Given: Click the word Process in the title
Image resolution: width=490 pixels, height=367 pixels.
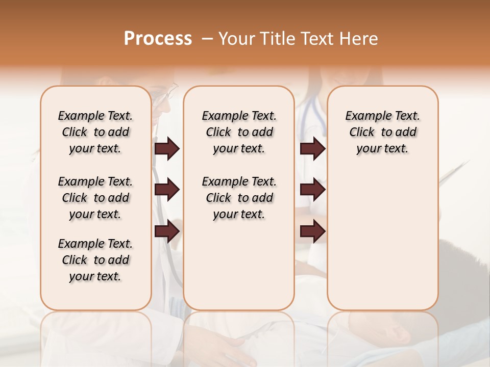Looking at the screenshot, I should [158, 39].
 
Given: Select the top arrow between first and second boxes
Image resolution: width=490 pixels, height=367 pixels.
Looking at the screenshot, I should [167, 149].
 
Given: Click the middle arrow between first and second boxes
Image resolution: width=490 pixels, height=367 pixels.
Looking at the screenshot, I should [167, 190].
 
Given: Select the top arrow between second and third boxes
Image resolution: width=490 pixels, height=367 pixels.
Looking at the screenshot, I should [312, 149].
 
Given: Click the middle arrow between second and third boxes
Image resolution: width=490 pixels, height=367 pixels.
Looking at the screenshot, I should [312, 190].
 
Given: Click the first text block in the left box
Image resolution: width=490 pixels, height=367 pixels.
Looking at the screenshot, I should [95, 132].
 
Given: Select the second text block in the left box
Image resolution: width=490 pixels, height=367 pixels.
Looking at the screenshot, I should [95, 198].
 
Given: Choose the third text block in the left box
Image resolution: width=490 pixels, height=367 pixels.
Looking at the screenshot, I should [95, 260].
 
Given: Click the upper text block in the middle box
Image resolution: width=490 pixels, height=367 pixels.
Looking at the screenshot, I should [239, 132].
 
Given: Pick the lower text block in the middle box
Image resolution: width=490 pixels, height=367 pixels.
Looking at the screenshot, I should [239, 198].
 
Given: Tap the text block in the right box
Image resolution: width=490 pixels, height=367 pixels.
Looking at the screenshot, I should [382, 132].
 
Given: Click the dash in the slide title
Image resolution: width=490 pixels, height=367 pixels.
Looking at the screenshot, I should [207, 39].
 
